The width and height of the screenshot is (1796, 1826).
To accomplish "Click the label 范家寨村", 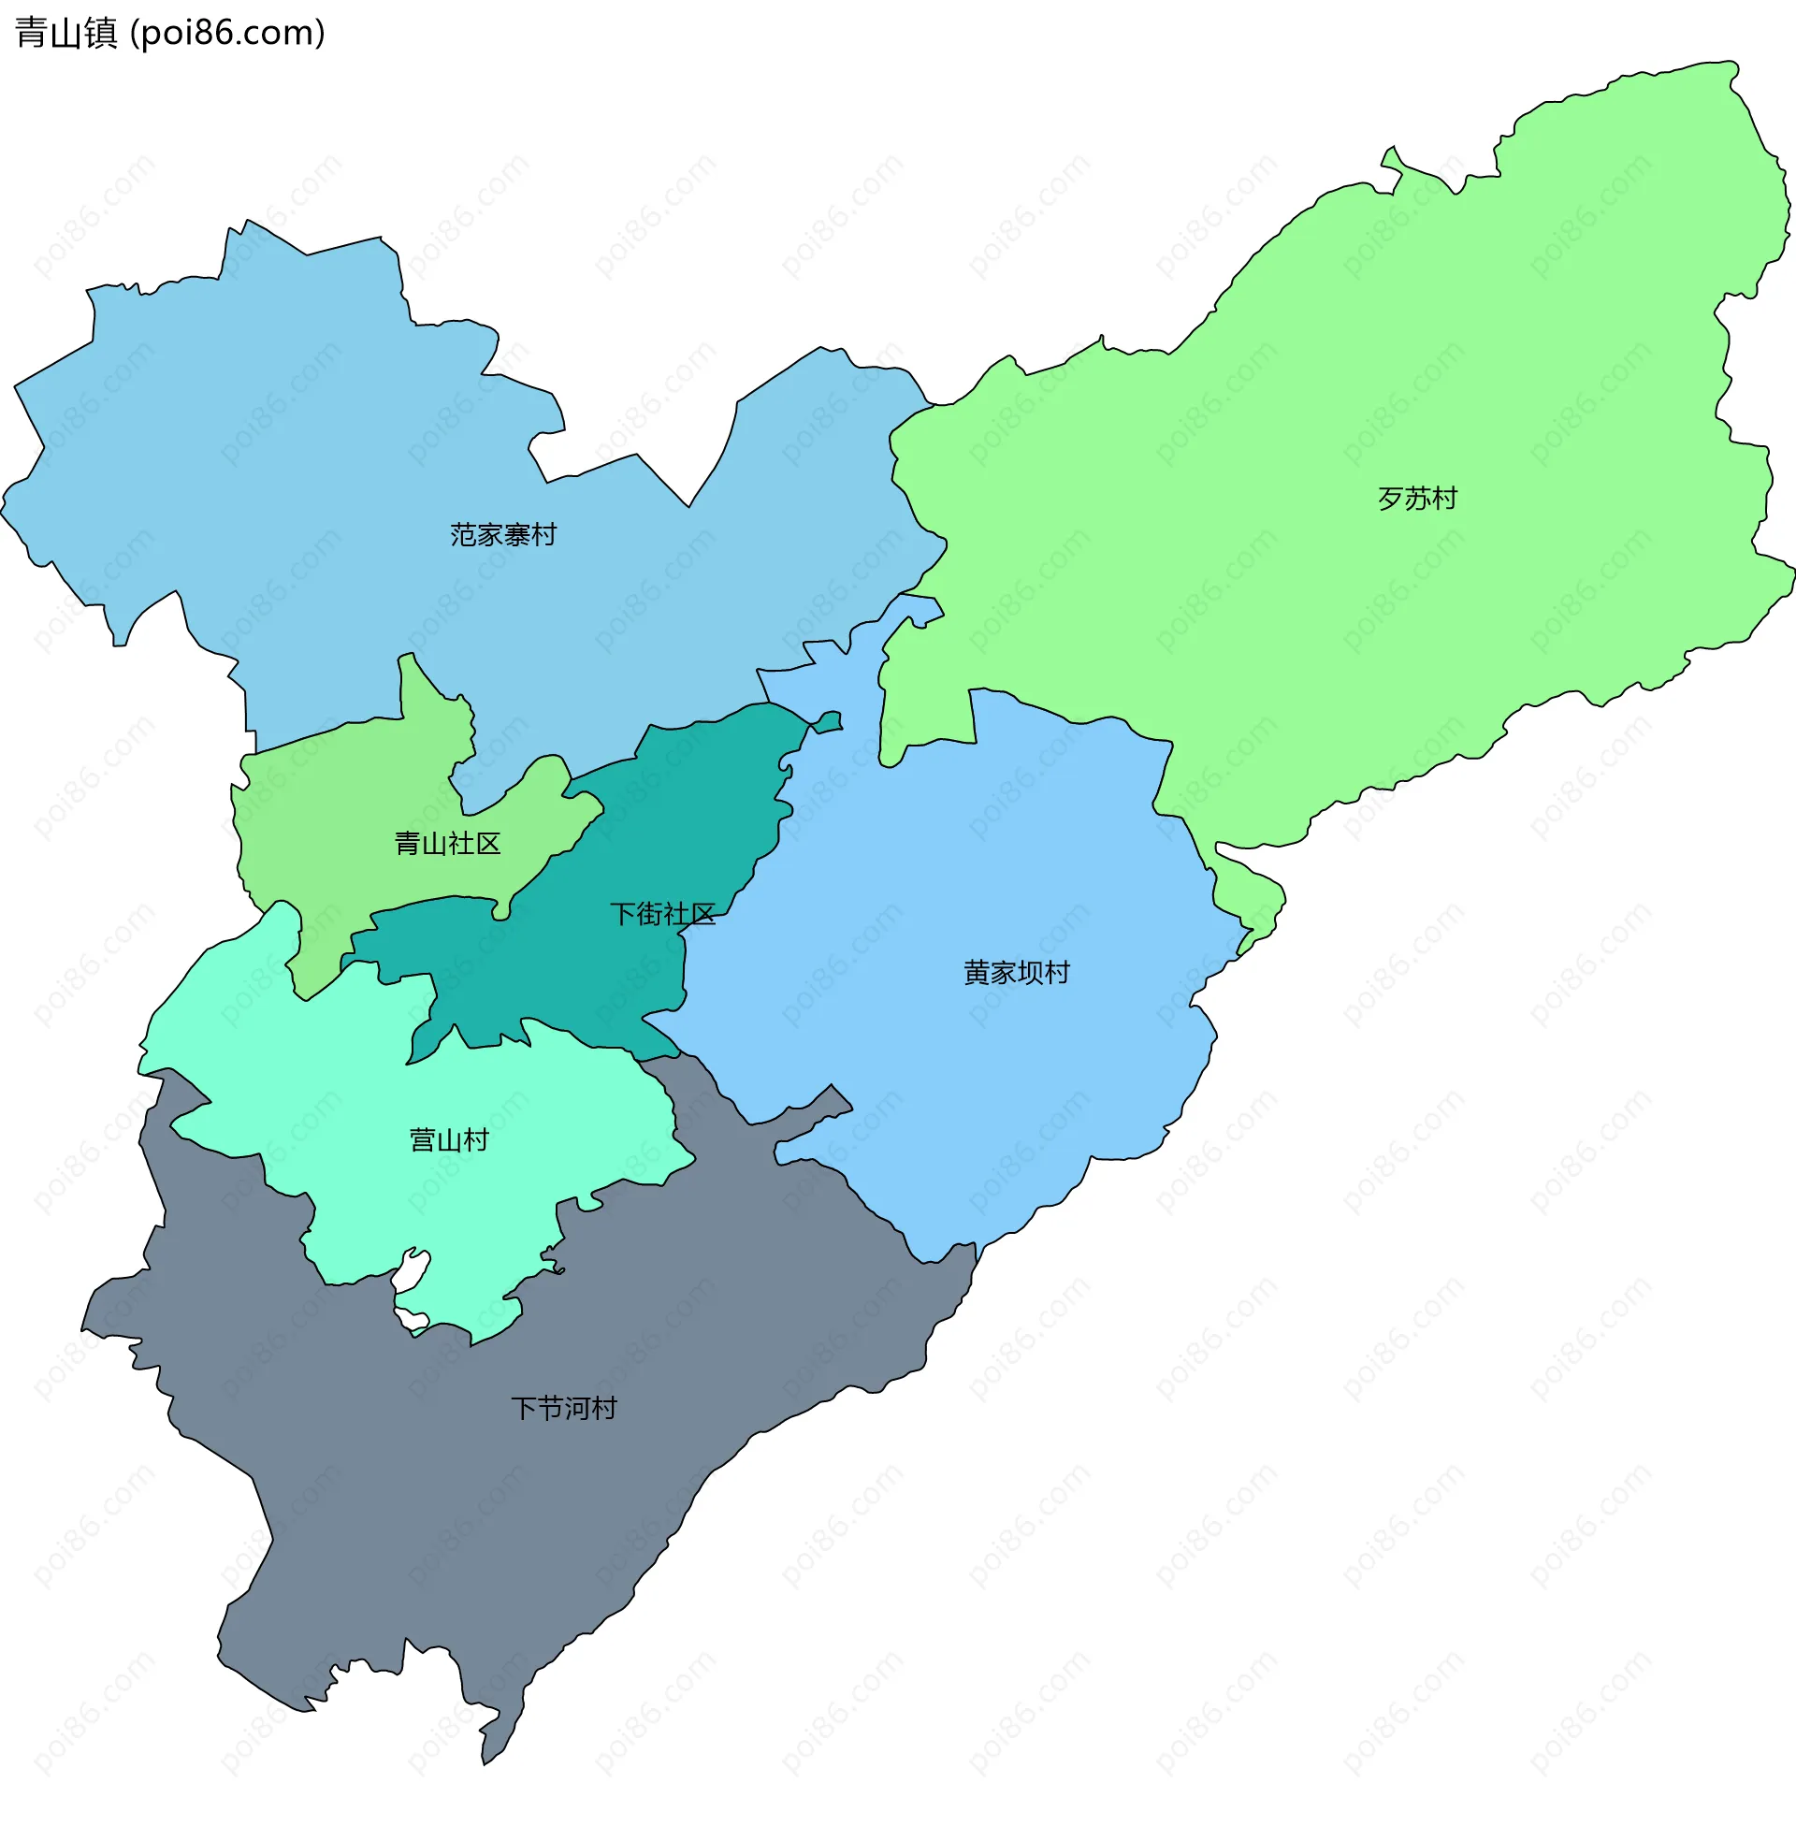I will (502, 535).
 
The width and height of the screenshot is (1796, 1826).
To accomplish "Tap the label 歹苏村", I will (1417, 498).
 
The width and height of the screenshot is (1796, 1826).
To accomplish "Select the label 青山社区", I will (447, 843).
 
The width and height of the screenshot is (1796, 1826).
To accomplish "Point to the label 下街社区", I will (662, 914).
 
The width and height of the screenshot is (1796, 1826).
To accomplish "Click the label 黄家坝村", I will (1016, 973).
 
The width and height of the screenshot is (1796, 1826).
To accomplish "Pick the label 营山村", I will (449, 1140).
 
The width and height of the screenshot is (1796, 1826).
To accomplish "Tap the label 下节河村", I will (563, 1408).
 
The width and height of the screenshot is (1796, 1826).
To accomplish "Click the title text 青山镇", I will (66, 33).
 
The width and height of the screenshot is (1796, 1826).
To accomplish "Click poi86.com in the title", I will (227, 33).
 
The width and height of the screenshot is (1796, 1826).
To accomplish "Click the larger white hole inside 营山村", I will (411, 1270).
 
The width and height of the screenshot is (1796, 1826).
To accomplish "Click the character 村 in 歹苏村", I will (1444, 498).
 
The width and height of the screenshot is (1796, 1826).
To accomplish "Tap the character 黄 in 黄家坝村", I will (977, 973).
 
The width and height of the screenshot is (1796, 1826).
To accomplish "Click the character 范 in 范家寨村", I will (463, 535).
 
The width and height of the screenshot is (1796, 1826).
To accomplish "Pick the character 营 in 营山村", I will (423, 1140).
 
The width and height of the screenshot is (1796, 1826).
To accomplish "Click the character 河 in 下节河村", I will (576, 1408).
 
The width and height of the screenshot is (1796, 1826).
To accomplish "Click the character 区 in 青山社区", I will (487, 843).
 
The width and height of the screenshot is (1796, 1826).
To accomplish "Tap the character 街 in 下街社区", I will (649, 914).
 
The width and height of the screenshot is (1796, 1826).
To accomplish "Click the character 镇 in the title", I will (101, 33).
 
